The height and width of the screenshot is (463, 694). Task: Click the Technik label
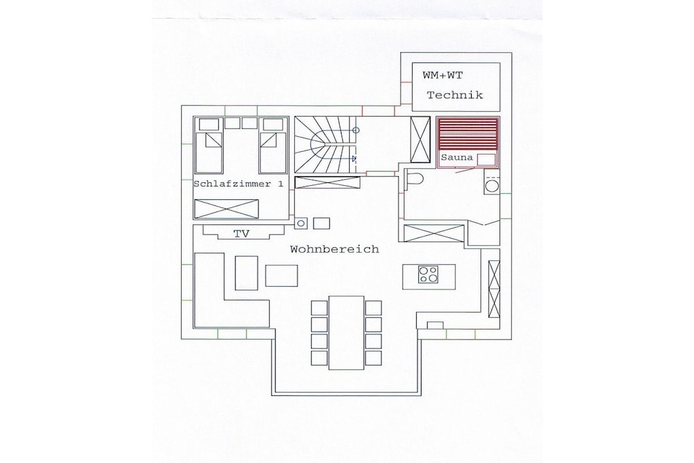click(455, 95)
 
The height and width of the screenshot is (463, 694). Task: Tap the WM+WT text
click(443, 76)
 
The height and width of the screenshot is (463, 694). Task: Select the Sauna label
click(457, 157)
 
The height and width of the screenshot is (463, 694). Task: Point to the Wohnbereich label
click(335, 249)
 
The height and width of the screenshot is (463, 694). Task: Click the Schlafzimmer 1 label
click(239, 184)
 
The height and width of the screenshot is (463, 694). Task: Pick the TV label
click(242, 234)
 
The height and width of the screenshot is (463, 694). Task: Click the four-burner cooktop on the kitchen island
click(428, 275)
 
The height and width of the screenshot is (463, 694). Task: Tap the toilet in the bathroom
click(414, 179)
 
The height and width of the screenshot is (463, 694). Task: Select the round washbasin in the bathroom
click(492, 185)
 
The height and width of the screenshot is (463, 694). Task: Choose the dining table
click(346, 332)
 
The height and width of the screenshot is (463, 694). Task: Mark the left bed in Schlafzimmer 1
click(209, 146)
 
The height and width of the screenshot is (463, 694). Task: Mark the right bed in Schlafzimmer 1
click(272, 146)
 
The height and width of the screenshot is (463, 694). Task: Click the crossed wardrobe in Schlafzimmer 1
click(226, 209)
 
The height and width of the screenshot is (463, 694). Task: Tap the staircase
click(326, 144)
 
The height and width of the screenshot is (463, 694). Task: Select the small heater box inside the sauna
click(486, 159)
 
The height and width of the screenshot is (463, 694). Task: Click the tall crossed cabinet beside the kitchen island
click(494, 289)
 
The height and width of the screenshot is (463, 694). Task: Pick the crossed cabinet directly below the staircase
click(327, 182)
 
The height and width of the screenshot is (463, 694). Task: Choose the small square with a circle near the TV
click(300, 224)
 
